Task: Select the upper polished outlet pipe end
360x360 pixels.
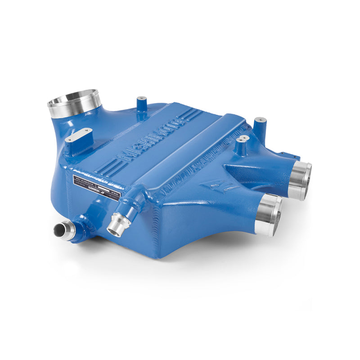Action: tap(301, 180)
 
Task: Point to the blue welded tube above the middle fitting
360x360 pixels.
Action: tap(135, 200)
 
